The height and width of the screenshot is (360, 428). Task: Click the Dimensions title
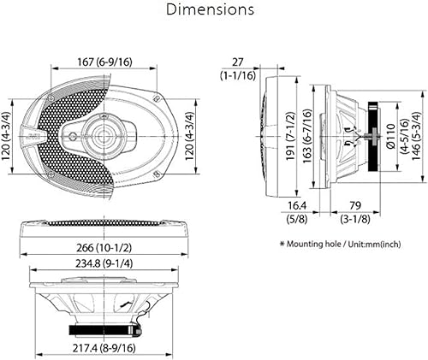(210, 9)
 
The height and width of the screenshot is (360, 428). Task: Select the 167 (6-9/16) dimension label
(105, 62)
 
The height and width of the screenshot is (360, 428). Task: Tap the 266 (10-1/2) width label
(104, 248)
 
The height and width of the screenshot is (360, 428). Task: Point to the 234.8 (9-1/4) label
(104, 263)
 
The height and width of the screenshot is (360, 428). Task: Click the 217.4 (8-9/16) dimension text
(104, 348)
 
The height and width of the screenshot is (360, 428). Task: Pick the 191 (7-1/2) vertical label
(290, 136)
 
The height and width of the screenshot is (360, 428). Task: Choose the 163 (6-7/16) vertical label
(307, 136)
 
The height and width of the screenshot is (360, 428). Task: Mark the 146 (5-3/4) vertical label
(416, 136)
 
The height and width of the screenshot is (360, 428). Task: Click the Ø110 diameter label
(390, 136)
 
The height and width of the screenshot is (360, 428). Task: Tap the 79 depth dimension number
(355, 205)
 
